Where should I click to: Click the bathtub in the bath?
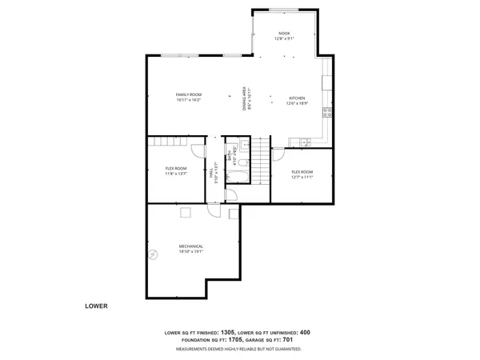pos(238,176)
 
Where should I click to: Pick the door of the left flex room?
pos(197,153)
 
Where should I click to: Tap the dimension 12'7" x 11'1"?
pos(302,178)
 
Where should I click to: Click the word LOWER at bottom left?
pos(96,306)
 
